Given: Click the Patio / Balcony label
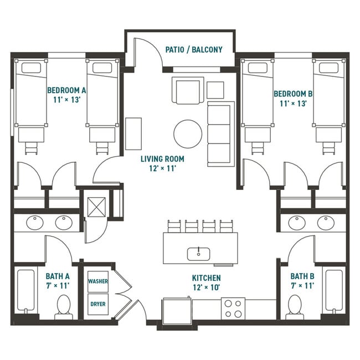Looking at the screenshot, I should pyautogui.click(x=194, y=50).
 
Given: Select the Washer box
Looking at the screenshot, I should pyautogui.click(x=98, y=281).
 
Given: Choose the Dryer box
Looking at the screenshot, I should pyautogui.click(x=98, y=303).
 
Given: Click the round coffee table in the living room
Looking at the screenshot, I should pyautogui.click(x=188, y=133).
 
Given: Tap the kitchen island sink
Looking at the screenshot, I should pyautogui.click(x=199, y=254).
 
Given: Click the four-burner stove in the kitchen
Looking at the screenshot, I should pyautogui.click(x=233, y=308).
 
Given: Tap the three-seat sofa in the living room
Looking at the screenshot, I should pyautogui.click(x=220, y=133).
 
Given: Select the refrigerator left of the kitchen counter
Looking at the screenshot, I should pyautogui.click(x=176, y=311).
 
